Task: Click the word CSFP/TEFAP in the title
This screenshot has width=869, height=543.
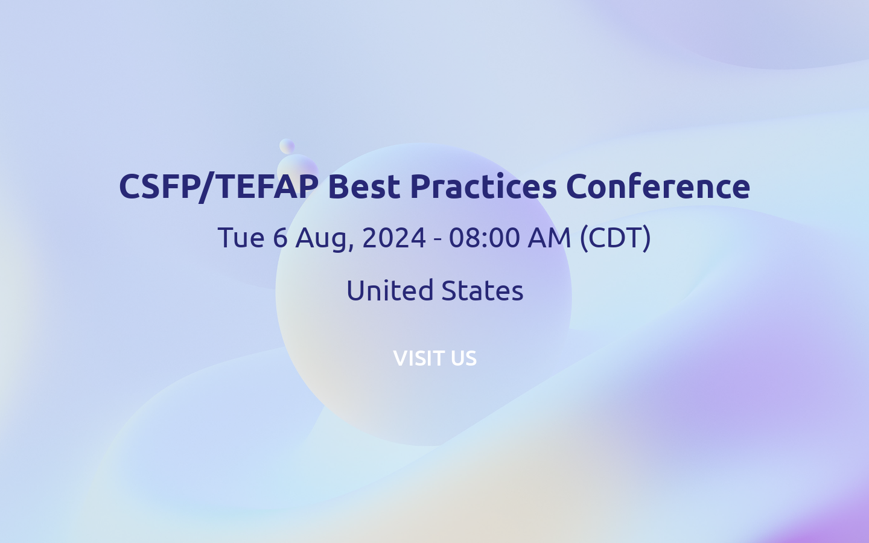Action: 218,186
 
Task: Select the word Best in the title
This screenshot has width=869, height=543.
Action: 364,186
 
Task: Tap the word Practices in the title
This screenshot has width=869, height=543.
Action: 483,186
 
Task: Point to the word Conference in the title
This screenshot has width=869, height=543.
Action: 658,186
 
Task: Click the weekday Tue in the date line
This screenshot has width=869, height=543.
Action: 241,238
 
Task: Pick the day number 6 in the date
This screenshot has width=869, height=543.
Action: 280,238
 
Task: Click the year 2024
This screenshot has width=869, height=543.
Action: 394,238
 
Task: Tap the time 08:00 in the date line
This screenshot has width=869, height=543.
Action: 485,238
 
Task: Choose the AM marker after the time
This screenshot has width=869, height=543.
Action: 549,238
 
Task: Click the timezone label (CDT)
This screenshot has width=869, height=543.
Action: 615,238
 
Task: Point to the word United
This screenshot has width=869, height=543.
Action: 390,291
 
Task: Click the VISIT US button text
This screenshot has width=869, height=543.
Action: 434,358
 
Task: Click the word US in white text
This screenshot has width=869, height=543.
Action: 463,358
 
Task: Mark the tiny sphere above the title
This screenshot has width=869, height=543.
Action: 287,146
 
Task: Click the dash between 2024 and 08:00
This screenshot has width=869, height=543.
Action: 438,239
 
